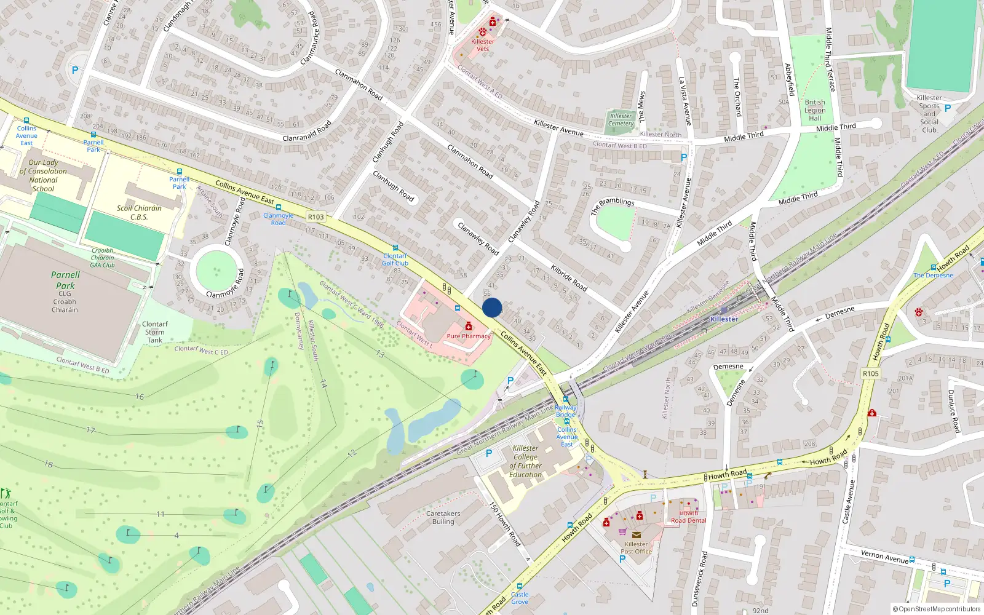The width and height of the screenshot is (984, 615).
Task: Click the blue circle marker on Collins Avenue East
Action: pos(492,307)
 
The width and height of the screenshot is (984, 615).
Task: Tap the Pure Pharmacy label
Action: pos(469,336)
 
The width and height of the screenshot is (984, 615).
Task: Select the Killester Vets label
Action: pos(483,45)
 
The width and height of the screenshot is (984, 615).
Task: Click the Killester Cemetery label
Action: pos(621,119)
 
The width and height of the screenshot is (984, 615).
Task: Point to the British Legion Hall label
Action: pos(815,110)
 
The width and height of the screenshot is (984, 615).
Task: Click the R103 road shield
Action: pos(316,216)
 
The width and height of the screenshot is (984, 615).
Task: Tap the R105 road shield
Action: pos(871,373)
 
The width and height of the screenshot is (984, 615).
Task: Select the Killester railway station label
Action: pos(724,319)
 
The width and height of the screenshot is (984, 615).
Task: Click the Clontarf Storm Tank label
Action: pos(155,332)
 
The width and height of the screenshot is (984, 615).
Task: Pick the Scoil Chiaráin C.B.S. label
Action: pos(140,212)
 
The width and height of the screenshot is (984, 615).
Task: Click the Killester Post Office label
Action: pos(637,547)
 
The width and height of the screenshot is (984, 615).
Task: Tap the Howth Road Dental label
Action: pos(689,517)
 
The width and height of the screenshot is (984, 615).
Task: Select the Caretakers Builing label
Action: pos(443,517)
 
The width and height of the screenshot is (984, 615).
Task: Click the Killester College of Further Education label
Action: pos(526,461)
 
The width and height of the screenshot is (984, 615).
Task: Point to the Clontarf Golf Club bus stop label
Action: pos(395,259)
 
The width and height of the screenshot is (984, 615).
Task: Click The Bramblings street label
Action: pos(613,206)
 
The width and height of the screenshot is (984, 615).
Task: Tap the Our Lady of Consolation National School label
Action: pos(43,176)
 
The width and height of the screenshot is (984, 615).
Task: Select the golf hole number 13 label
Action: pos(380,354)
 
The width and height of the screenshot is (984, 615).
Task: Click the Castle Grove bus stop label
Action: pos(520,598)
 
